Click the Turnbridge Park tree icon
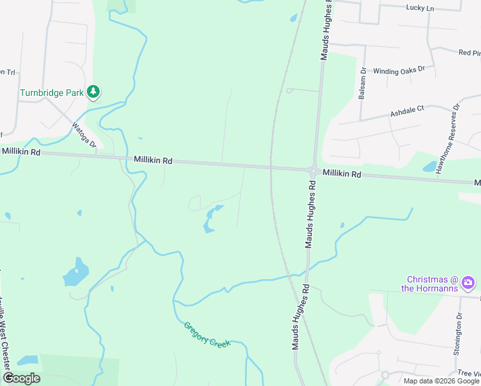pos(94,92)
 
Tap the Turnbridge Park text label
pos(52,93)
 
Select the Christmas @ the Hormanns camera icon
pos(469,282)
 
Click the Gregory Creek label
pos(207,334)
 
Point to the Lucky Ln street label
pos(421,8)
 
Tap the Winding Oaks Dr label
pos(399,70)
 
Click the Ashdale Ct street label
pos(408,112)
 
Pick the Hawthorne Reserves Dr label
pos(449,139)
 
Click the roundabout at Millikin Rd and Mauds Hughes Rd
pos(313,172)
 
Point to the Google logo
pos(21,378)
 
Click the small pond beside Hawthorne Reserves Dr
pos(429,167)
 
